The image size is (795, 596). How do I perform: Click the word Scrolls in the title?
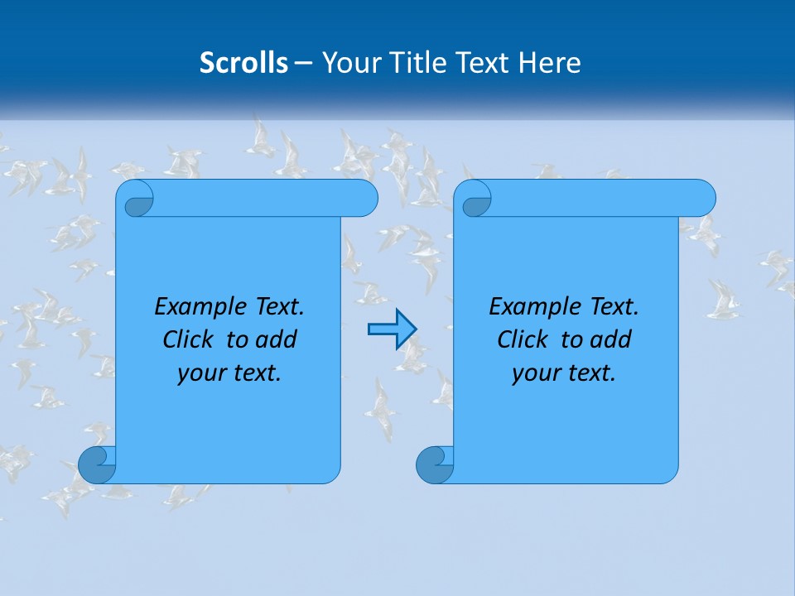point(244,63)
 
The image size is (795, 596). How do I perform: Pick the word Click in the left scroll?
point(188,340)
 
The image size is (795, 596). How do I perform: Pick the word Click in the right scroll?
point(523,340)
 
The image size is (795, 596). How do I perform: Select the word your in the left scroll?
point(200,373)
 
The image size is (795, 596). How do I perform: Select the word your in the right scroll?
point(534,373)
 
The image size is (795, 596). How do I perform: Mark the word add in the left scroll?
point(278,340)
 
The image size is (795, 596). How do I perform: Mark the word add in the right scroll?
point(613,340)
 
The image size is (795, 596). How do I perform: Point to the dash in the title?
point(304,64)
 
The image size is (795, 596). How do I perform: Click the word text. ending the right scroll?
point(589,373)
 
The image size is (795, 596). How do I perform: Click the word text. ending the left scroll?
point(254,373)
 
